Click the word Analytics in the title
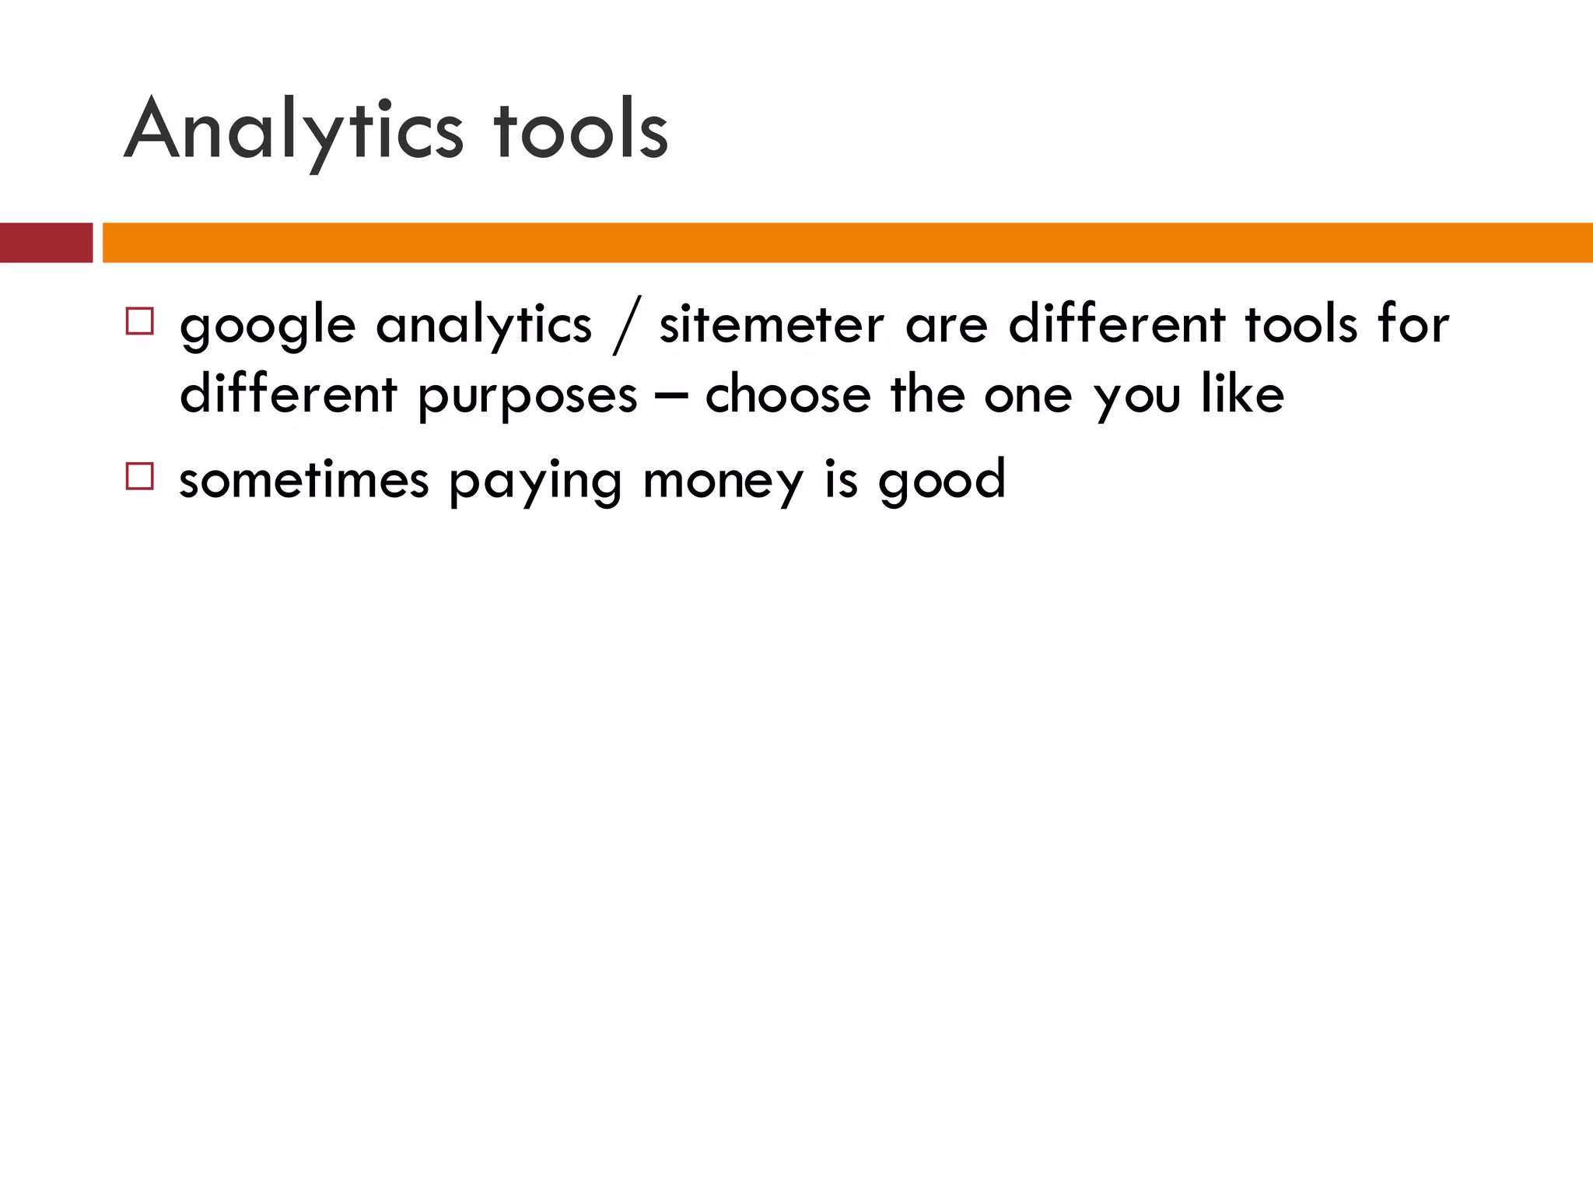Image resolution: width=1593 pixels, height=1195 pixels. tap(293, 131)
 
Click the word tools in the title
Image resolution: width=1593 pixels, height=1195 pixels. tap(580, 131)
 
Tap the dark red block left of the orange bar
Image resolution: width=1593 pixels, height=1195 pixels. tap(46, 243)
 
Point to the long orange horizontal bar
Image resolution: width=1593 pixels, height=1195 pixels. tap(847, 243)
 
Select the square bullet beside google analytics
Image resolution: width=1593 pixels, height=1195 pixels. tap(139, 321)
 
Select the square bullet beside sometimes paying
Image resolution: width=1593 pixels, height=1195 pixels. tap(139, 475)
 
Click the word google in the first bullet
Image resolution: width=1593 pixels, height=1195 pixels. tap(268, 327)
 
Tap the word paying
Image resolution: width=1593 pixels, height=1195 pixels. tap(535, 482)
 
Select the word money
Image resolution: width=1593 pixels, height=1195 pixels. tap(723, 482)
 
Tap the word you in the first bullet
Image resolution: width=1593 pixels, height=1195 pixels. tap(1137, 397)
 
